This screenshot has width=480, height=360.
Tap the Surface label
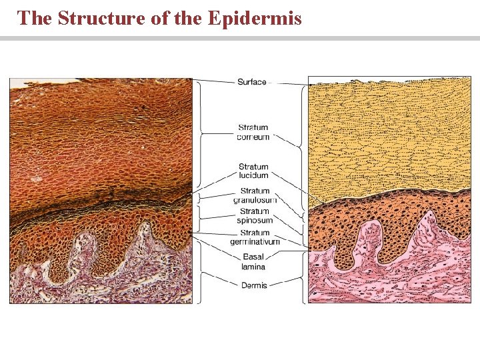click(251, 82)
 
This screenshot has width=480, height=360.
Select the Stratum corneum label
click(253, 132)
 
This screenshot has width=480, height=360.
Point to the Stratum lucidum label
click(253, 171)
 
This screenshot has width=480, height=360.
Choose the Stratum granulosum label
click(254, 195)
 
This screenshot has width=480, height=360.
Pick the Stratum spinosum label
click(253, 216)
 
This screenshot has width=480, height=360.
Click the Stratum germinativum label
click(255, 237)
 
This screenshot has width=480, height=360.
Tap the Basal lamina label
click(253, 262)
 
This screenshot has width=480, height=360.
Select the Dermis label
click(254, 285)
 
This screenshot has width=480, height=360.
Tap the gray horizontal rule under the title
click(240, 39)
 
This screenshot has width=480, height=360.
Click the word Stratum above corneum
click(253, 127)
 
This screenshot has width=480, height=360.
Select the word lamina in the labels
click(253, 267)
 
